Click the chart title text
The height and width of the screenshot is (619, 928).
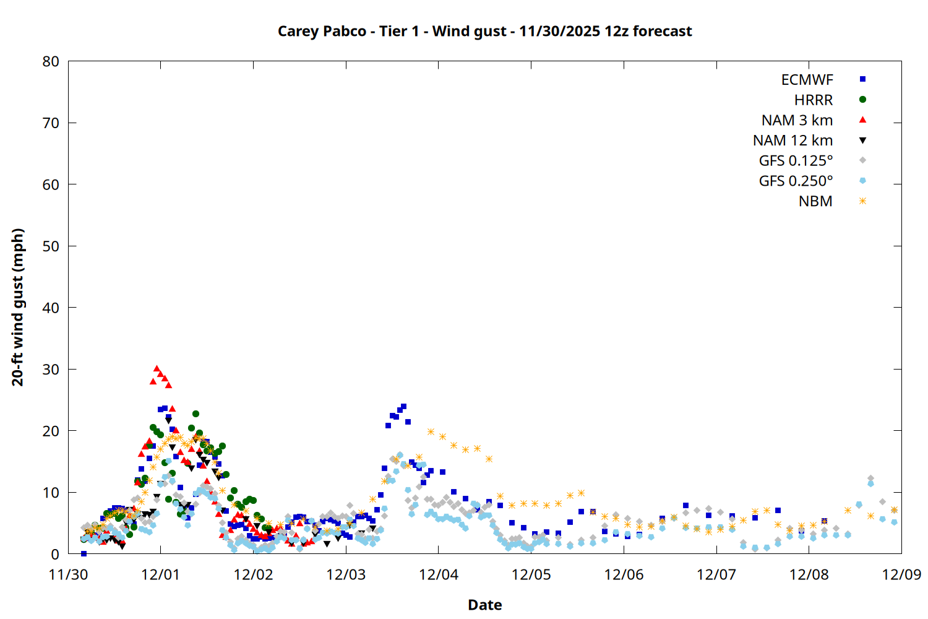coord(484,31)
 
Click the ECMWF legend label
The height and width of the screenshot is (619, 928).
coord(807,80)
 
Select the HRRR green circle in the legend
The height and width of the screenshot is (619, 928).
coord(862,100)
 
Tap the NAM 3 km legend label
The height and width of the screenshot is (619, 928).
coord(797,120)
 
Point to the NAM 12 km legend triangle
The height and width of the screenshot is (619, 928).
coord(862,141)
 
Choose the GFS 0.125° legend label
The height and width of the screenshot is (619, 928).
coord(796,161)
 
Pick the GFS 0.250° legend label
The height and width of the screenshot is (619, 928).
coord(796,181)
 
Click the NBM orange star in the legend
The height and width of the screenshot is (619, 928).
coord(862,201)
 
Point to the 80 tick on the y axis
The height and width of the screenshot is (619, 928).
coord(51,61)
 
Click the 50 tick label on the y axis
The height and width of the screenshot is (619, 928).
coord(51,246)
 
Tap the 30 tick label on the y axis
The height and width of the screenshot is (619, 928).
coord(51,369)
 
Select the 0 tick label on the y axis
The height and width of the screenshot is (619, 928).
coord(55,554)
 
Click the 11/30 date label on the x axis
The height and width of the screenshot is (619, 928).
coord(68,574)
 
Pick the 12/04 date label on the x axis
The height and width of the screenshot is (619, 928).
coord(439,574)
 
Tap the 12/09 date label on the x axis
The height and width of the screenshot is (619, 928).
coord(901,574)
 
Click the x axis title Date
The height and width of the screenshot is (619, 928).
coord(484,605)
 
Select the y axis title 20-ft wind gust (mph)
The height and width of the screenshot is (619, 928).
coord(18,307)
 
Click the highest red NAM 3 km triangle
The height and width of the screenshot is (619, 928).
coord(157,369)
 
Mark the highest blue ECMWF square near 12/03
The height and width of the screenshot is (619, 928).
coord(403,407)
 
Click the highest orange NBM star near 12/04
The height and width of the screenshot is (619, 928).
coord(431,431)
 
